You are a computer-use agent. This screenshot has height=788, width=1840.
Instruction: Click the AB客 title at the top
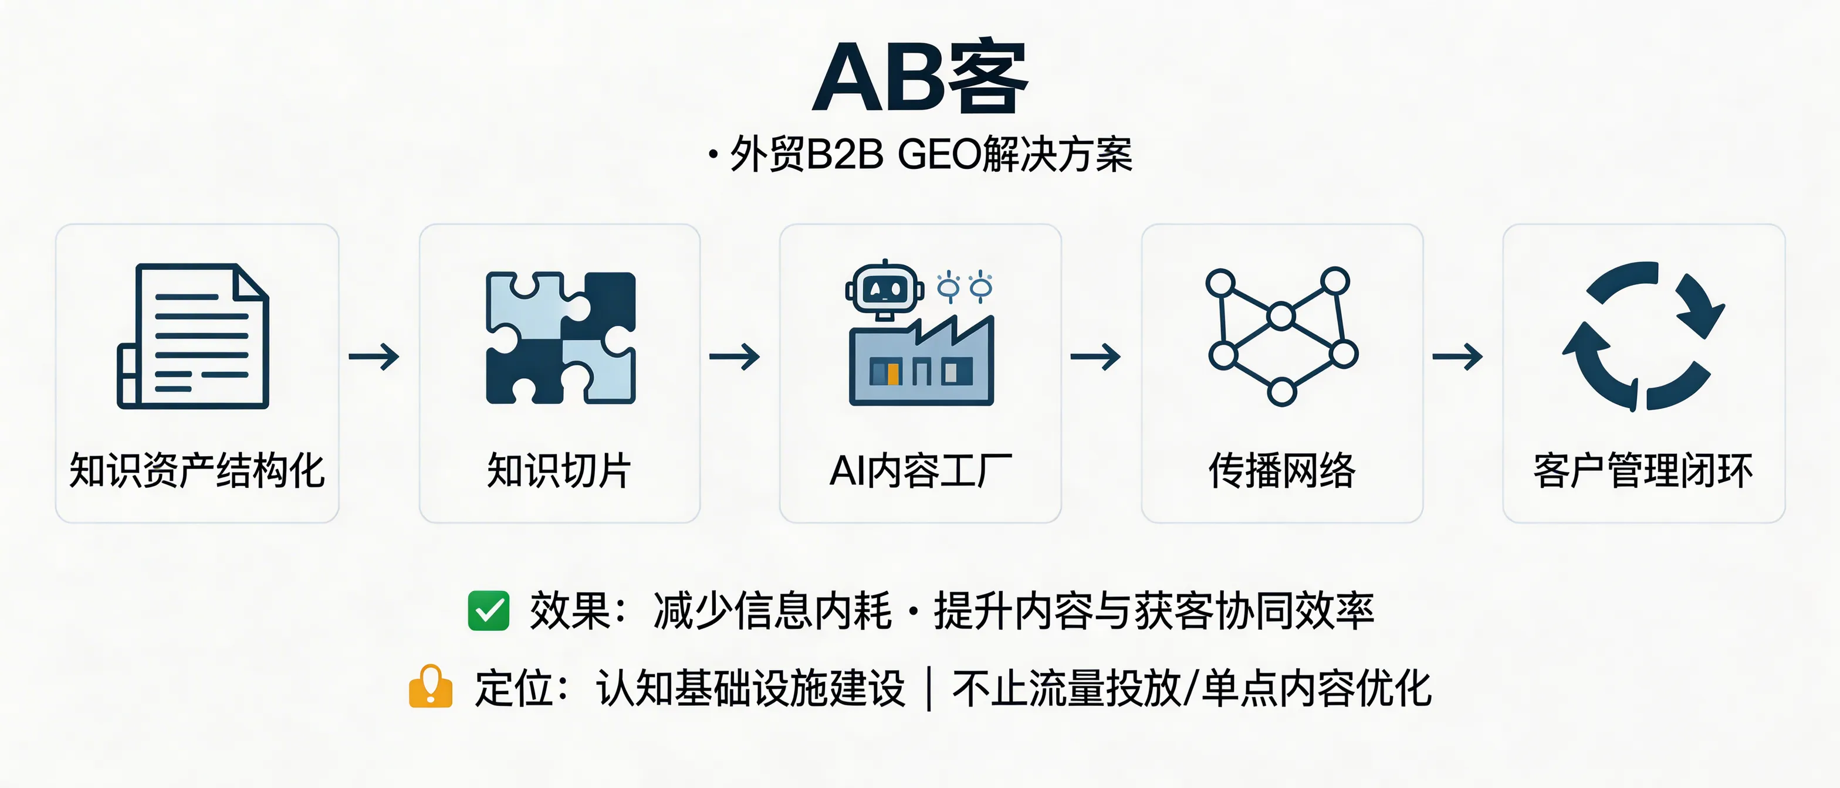coord(920,77)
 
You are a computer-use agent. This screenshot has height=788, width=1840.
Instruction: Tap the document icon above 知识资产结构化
coord(194,336)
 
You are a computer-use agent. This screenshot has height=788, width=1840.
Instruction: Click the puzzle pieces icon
coord(561,338)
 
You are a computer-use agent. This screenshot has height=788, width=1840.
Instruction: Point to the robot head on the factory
coord(884,289)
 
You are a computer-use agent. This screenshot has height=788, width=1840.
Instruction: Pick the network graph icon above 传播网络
coord(1281,335)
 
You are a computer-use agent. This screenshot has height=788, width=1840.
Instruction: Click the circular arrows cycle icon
coord(1643,335)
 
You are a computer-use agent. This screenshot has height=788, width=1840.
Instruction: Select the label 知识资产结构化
coord(197,471)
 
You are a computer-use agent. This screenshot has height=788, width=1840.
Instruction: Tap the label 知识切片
coord(559,471)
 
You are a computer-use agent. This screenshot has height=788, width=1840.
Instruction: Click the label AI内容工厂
coord(920,471)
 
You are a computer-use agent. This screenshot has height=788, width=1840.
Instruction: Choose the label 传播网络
coord(1281,471)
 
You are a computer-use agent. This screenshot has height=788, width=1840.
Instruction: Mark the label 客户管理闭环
coord(1643,471)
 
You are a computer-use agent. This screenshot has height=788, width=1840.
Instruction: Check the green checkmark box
coord(489,611)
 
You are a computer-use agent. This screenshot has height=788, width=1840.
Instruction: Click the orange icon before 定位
coord(431,687)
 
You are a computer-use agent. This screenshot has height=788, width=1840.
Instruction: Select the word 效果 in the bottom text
coord(569,611)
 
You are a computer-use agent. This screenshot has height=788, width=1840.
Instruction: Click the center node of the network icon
coord(1281,315)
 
